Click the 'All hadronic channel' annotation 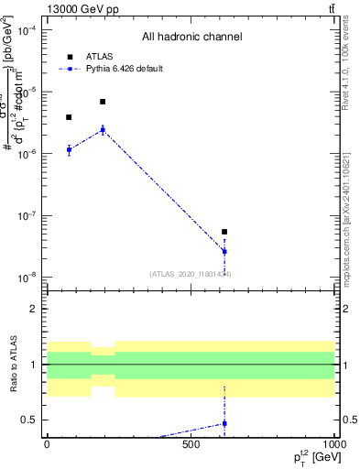tap(191, 38)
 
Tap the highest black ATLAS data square tap(103, 102)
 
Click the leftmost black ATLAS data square tap(69, 117)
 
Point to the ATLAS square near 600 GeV tap(224, 233)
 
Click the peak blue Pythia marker tap(103, 129)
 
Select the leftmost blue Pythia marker tap(69, 149)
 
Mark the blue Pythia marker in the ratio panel tap(224, 423)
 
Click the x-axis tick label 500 tap(191, 445)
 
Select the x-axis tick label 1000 tap(333, 445)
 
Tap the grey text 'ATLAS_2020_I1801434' tap(191, 274)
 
